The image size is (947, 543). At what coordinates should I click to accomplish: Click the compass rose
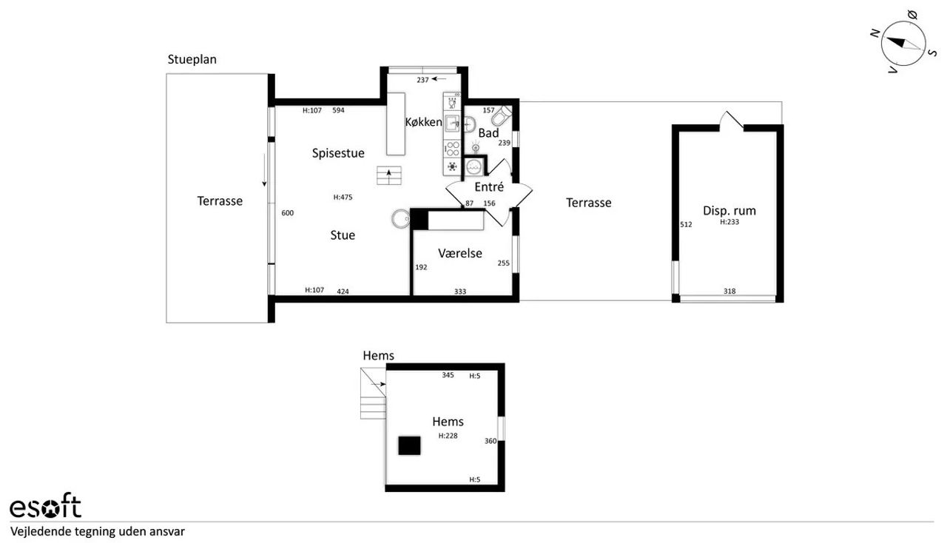coord(903,44)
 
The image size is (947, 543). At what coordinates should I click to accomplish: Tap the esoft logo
coord(45,505)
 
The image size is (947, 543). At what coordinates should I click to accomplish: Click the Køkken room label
coord(424,122)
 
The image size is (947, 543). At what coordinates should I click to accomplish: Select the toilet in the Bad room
coord(502,115)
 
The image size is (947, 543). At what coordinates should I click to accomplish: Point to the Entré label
coord(489,187)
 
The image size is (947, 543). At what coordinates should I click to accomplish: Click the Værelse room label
coord(460,253)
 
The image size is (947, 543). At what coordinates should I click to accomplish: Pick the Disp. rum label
coord(729,211)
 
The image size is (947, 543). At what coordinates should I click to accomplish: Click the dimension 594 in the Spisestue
coord(338,110)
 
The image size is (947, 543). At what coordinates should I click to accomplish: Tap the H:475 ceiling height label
coord(343,197)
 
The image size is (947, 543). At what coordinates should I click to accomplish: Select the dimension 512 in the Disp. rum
coord(686,225)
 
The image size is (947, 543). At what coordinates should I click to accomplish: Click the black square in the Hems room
coord(409,446)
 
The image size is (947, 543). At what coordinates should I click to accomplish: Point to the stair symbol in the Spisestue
coord(389,175)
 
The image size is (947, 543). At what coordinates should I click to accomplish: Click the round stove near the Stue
coord(400,219)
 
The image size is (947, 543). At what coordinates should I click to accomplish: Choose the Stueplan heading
coord(192,59)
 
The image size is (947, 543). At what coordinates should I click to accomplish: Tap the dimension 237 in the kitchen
coord(422,80)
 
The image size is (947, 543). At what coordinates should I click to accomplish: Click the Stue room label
coord(343,235)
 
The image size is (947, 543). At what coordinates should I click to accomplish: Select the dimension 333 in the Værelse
coord(460,291)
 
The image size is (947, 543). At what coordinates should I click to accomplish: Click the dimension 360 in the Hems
coord(491,441)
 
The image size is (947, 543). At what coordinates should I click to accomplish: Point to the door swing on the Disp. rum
coord(732,121)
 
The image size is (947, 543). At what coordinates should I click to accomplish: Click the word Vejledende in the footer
coord(41,532)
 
